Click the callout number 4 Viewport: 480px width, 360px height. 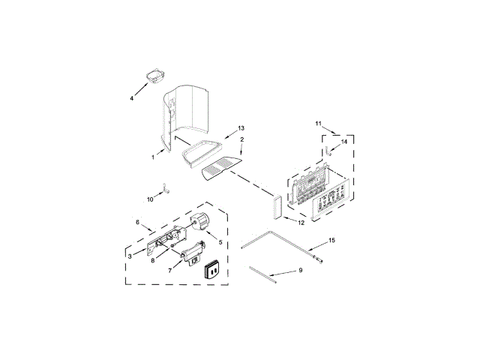tap(132, 98)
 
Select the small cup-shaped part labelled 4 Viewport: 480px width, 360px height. tap(155, 76)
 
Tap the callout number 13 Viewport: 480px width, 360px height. tap(241, 128)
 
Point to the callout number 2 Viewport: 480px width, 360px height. tap(241, 139)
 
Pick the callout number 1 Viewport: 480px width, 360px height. tap(153, 157)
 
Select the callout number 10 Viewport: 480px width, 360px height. tap(150, 199)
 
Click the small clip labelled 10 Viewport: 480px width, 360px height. tap(166, 188)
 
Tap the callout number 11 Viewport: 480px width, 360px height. tap(318, 123)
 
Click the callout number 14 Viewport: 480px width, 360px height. tap(344, 142)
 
